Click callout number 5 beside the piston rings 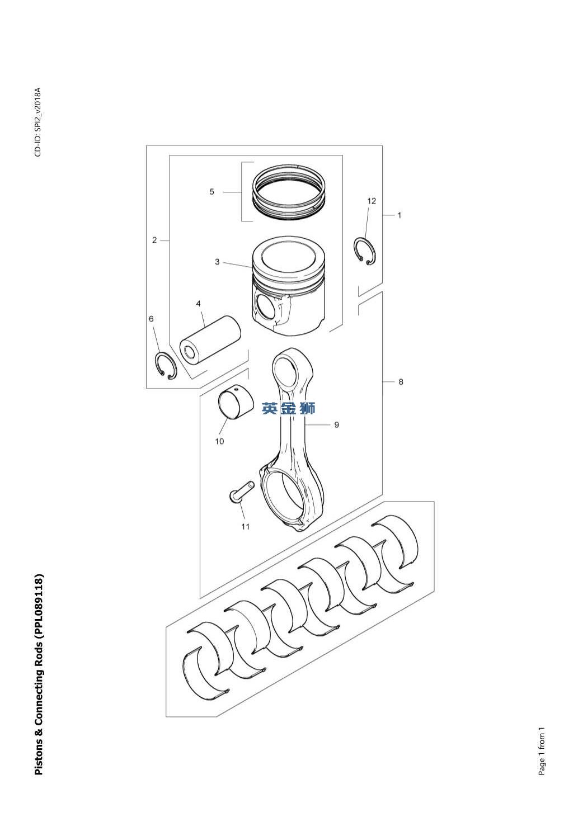coord(212,192)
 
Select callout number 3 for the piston coord(217,262)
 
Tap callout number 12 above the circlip coord(372,201)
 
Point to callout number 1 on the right coord(399,215)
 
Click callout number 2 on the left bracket coord(154,240)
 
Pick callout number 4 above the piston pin coord(199,304)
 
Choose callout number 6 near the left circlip coord(151,319)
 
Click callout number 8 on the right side coord(401,382)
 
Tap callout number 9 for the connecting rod coord(336,425)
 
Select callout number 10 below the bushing coord(219,441)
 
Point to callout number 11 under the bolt coord(245,526)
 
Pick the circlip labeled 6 coord(165,366)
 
